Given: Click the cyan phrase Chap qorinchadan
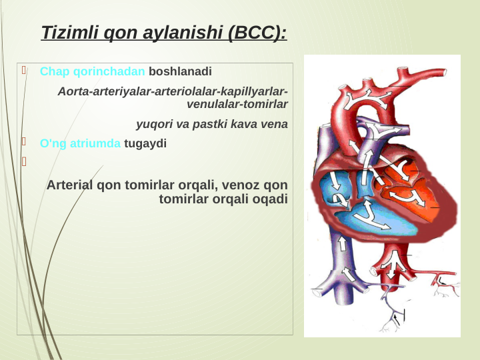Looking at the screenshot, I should [93, 71].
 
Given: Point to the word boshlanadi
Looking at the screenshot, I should [180, 71].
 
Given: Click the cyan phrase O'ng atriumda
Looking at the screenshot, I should [80, 143].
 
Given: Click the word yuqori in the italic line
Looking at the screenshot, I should [153, 124].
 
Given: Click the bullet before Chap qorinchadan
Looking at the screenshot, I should [23, 70].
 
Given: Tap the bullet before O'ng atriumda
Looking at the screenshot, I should [23, 142].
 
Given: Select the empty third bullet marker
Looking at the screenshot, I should [23, 161].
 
